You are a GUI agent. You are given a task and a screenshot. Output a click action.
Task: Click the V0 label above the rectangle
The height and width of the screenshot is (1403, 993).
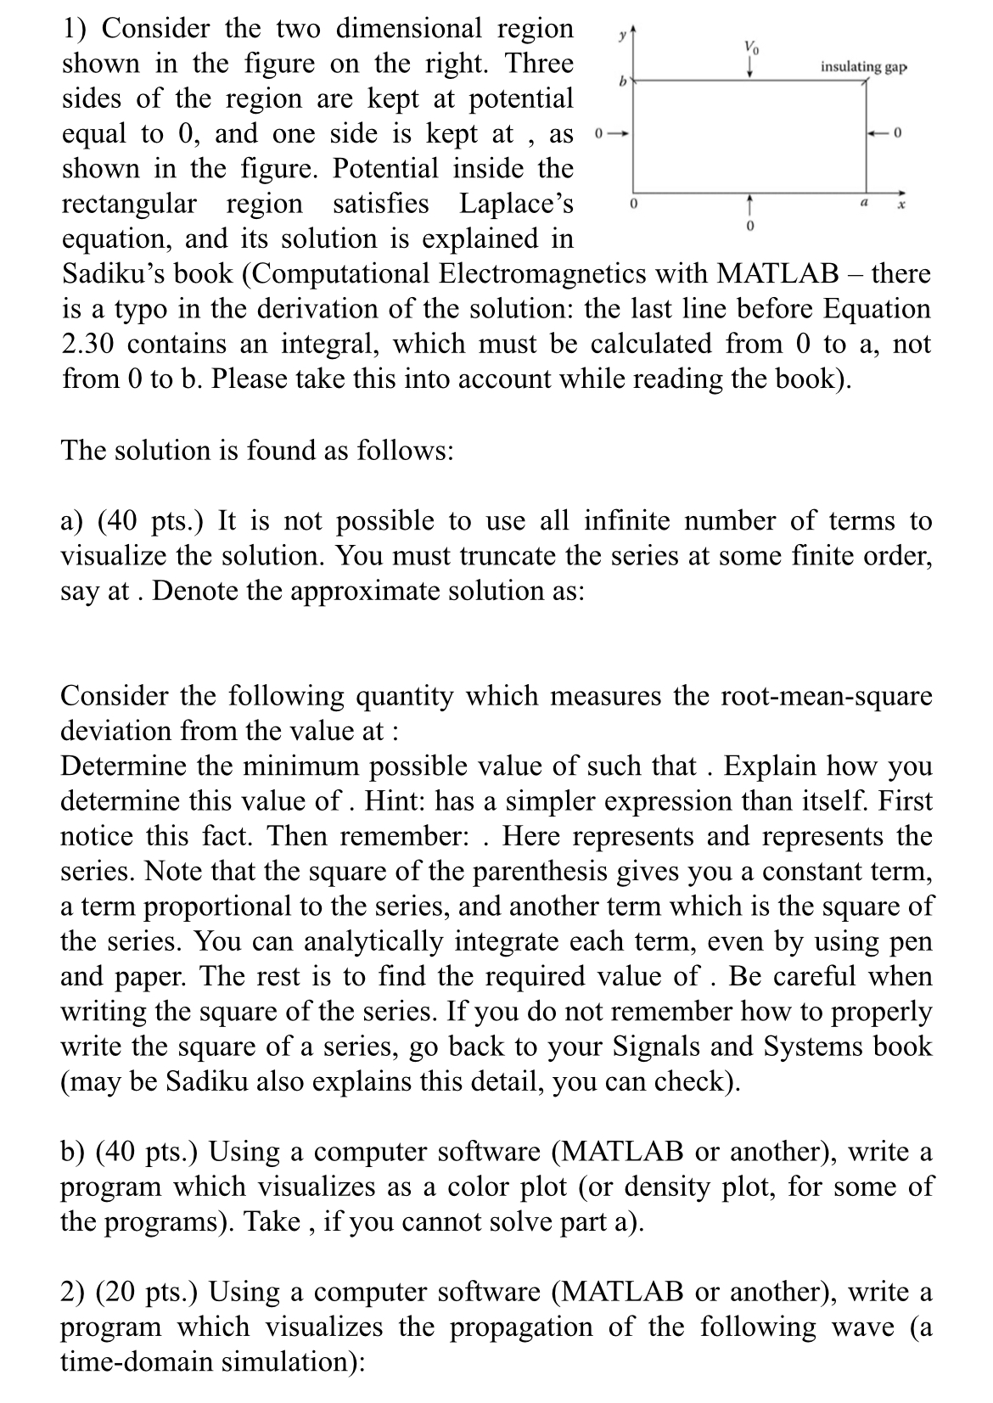(x=749, y=47)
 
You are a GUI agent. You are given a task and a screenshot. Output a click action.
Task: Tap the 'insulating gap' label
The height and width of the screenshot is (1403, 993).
(x=863, y=66)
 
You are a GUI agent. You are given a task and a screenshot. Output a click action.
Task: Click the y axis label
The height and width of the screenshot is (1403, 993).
(x=622, y=34)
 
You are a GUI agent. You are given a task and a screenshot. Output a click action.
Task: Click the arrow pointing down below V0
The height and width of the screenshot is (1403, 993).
(x=749, y=68)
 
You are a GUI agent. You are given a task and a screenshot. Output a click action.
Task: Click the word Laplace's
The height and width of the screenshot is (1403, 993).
(x=516, y=205)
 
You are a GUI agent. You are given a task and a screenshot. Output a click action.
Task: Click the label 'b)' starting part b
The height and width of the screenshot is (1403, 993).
(x=74, y=1152)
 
